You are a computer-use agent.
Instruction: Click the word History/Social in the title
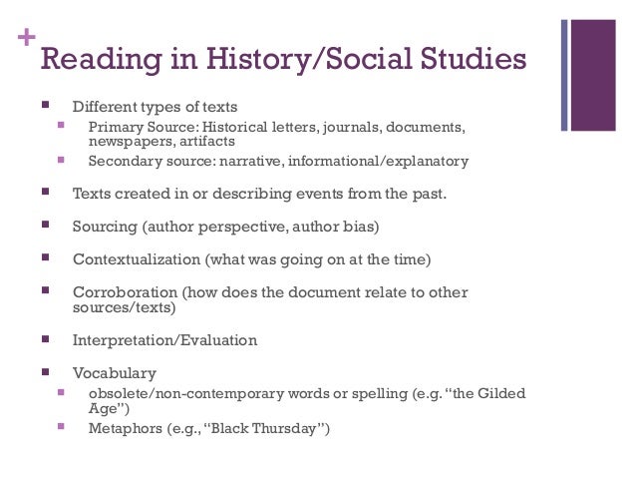click(295, 61)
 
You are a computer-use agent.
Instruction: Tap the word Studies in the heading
click(470, 61)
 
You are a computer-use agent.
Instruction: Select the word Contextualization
click(137, 259)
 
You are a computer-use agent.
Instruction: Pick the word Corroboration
click(126, 292)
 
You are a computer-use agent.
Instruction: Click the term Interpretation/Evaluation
click(164, 340)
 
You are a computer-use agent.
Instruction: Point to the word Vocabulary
click(114, 373)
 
